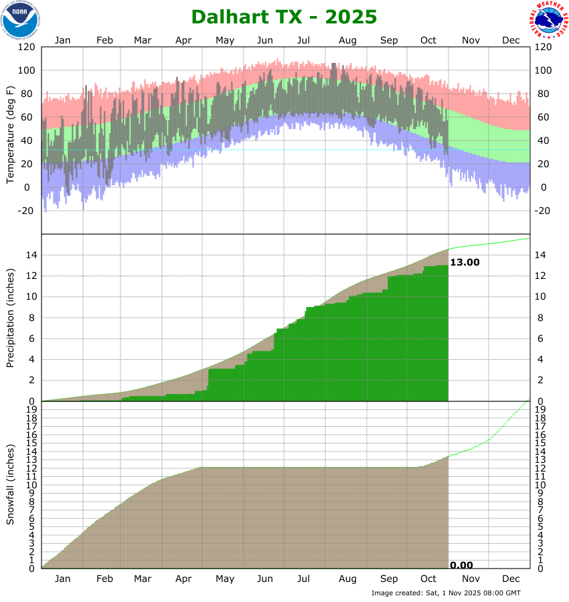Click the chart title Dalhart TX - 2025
[284, 16]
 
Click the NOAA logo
[20, 19]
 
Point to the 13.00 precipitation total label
[465, 262]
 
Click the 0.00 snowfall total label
[461, 565]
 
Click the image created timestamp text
[446, 593]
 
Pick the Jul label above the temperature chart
[305, 40]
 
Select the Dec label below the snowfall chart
[511, 579]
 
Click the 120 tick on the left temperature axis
[27, 47]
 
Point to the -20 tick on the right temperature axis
[543, 211]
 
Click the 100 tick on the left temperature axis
[27, 71]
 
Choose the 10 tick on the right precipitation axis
[540, 296]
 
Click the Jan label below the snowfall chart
[62, 579]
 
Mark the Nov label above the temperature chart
[471, 40]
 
